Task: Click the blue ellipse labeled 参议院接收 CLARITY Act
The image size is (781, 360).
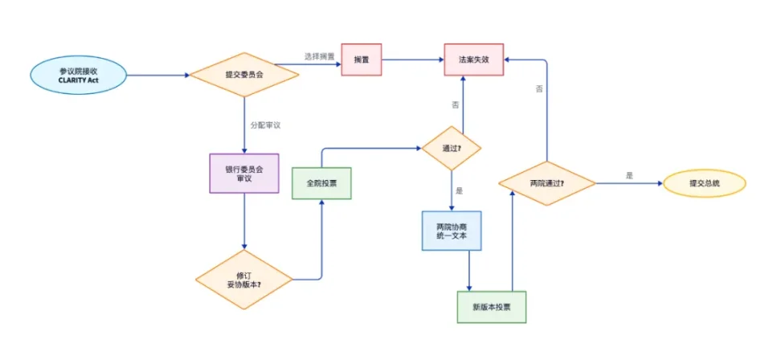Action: (78, 76)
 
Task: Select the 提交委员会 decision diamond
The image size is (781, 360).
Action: (243, 76)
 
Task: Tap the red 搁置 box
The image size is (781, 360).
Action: (361, 59)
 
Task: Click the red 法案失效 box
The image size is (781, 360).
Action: (474, 59)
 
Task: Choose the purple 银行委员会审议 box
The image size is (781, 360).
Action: (243, 173)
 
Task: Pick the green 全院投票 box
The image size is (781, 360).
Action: (321, 183)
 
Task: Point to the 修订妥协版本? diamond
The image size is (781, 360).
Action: (243, 280)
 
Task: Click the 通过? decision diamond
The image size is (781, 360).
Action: (452, 149)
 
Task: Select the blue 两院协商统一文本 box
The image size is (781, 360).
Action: (452, 231)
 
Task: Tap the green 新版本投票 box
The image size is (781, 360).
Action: (492, 307)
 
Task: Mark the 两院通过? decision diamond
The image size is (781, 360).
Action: (547, 183)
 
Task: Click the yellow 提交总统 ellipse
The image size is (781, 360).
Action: (705, 183)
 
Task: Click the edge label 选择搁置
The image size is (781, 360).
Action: (319, 55)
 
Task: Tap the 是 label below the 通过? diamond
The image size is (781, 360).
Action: (460, 191)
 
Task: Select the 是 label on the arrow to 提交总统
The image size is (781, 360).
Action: (628, 175)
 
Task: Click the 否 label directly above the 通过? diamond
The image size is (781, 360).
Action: (456, 104)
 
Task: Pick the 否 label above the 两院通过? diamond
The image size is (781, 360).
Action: (538, 88)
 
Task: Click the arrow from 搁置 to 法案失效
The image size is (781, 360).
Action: (413, 59)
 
